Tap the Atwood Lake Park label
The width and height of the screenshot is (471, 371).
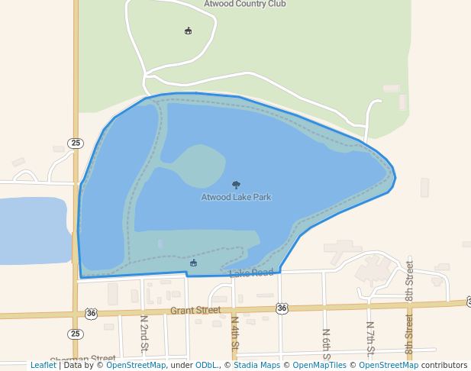[x=236, y=197]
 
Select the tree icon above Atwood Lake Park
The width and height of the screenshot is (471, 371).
[x=236, y=184]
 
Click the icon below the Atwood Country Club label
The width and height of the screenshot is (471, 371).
[x=189, y=31]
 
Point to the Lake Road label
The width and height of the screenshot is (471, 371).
[x=250, y=273]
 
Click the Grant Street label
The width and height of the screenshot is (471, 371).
[x=195, y=311]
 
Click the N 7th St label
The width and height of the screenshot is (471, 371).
[x=370, y=339]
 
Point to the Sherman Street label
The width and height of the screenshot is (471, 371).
[x=82, y=359]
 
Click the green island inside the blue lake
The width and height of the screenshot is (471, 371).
[x=195, y=166]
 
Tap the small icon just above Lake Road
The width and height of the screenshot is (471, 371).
[x=193, y=263]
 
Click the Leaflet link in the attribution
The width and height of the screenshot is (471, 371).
[x=43, y=365]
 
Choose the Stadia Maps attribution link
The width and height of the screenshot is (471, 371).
[x=257, y=365]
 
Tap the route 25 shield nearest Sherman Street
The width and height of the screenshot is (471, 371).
[x=75, y=334]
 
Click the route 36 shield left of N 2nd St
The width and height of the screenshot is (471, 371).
[x=92, y=313]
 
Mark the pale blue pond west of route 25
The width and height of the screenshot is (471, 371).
[x=34, y=229]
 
